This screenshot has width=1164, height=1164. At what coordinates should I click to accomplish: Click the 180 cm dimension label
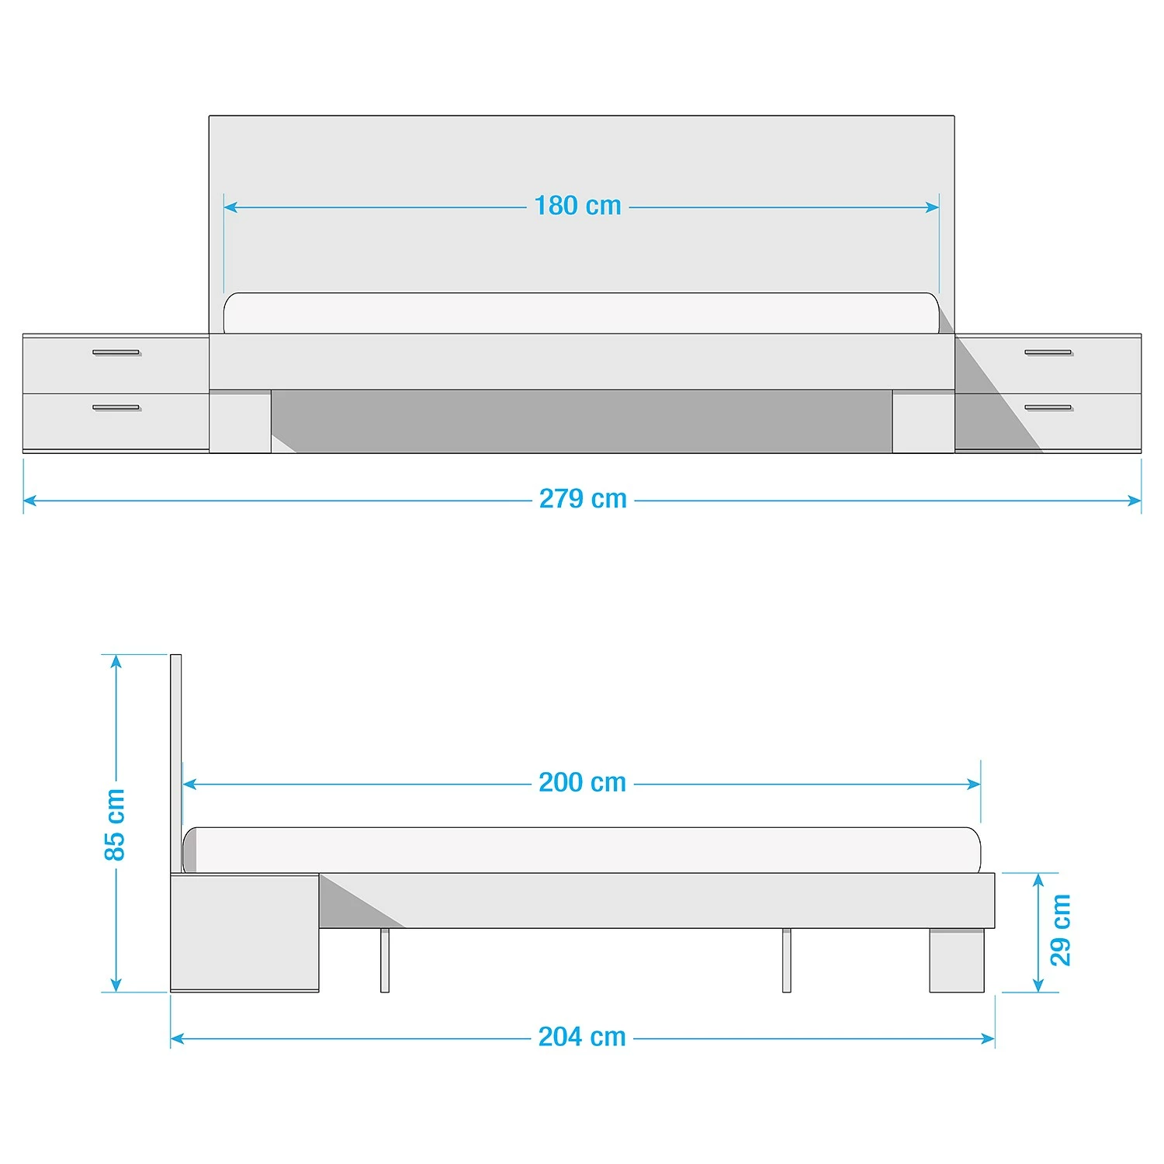(x=578, y=206)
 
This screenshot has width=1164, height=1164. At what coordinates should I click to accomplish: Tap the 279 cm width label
(x=583, y=498)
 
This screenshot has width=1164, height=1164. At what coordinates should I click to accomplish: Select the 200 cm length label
(x=583, y=782)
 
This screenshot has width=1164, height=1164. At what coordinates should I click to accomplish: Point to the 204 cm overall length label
(x=582, y=1037)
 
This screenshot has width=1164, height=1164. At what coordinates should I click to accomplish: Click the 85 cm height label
(x=114, y=824)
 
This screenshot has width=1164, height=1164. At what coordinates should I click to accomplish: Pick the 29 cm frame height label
(x=1060, y=930)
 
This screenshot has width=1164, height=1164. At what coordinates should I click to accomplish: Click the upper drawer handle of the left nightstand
(x=116, y=352)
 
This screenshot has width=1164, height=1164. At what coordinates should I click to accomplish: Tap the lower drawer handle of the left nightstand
(x=116, y=407)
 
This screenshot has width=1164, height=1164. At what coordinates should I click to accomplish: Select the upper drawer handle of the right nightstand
(x=1048, y=352)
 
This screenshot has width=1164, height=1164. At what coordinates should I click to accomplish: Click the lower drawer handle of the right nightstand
(x=1048, y=407)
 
